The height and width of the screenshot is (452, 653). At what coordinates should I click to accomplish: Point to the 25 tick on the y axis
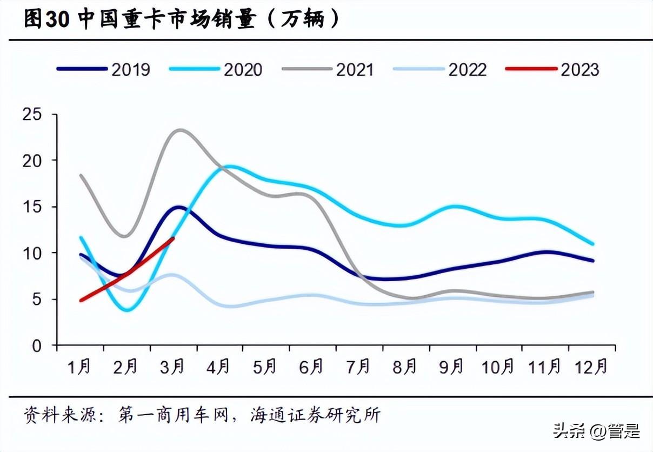[x=32, y=115]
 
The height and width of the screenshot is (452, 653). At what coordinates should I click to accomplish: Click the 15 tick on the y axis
[x=32, y=207]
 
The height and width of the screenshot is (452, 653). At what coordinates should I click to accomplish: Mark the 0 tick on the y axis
[x=37, y=345]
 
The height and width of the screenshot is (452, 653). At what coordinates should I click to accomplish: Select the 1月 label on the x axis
[x=79, y=367]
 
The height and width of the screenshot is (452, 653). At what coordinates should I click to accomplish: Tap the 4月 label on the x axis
[x=218, y=367]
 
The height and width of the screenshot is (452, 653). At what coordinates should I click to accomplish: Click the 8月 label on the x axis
[x=404, y=367]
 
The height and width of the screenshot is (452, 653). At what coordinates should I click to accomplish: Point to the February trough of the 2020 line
[x=128, y=310]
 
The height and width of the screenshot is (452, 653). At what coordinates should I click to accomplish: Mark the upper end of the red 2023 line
[x=172, y=238]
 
